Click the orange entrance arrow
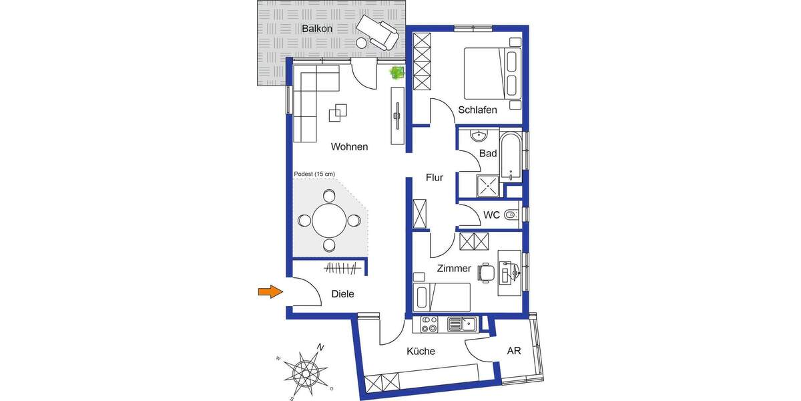click(270, 291)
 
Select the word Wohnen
click(349, 146)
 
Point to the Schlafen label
click(477, 110)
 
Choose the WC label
click(492, 215)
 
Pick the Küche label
click(421, 352)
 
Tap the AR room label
click(514, 351)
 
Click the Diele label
click(342, 293)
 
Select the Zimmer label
click(454, 269)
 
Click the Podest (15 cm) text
click(314, 174)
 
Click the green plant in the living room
click(398, 72)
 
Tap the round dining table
click(329, 221)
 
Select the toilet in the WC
click(511, 215)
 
